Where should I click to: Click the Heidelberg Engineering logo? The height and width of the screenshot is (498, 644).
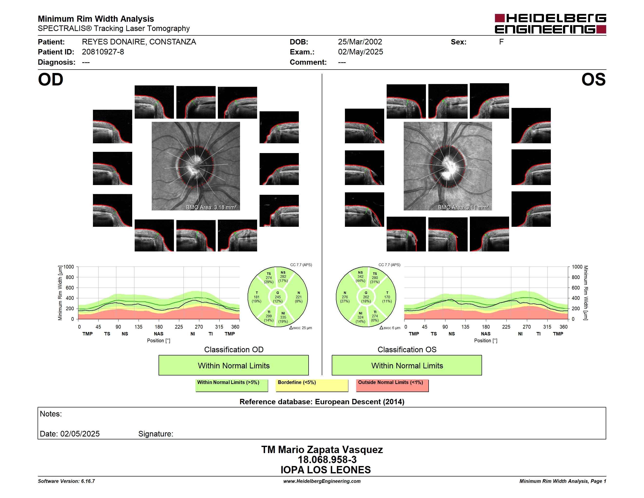click(x=550, y=24)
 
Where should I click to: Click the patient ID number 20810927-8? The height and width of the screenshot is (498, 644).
click(x=103, y=52)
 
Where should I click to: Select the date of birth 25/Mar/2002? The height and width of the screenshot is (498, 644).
click(x=360, y=42)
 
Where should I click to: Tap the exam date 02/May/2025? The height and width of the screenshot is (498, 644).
click(x=360, y=52)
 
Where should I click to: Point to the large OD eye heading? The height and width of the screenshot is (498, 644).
click(x=50, y=80)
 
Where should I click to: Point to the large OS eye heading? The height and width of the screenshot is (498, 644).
click(x=593, y=80)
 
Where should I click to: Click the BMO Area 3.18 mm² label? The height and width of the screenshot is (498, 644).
click(x=211, y=207)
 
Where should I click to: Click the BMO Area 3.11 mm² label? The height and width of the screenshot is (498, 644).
click(x=463, y=207)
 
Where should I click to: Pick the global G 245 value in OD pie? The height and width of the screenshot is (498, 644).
click(x=277, y=297)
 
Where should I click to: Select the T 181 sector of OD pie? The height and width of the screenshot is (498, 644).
click(x=257, y=297)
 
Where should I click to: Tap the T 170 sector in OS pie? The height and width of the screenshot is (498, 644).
click(x=387, y=297)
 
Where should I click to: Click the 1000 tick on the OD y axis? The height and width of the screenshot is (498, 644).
click(x=68, y=267)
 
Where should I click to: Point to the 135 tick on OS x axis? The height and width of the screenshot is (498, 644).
click(x=465, y=327)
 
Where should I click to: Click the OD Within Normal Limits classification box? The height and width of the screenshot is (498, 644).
click(x=233, y=365)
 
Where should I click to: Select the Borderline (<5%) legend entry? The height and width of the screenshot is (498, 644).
click(x=312, y=385)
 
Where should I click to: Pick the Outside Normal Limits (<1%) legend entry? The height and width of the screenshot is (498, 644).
click(x=392, y=385)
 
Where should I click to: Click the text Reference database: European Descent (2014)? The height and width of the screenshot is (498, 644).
click(x=322, y=402)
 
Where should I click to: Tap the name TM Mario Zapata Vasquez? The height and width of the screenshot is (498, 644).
click(x=322, y=450)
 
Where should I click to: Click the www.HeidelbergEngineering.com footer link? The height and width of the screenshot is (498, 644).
click(x=322, y=481)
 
